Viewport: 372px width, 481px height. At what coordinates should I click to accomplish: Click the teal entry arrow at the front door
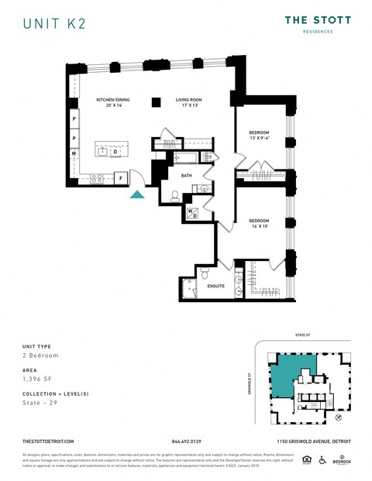click(x=137, y=194)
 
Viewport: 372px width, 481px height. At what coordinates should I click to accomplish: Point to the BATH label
click(x=186, y=176)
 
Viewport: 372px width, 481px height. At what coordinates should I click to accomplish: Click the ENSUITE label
click(x=216, y=286)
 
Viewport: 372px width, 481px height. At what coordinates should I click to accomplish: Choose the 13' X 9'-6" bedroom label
click(x=259, y=135)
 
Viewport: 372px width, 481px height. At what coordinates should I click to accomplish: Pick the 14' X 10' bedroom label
click(x=259, y=223)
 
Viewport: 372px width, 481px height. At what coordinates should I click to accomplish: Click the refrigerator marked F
click(x=121, y=178)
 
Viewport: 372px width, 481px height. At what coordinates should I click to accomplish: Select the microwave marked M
click(x=74, y=154)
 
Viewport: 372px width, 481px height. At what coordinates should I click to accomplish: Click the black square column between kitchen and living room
click(x=157, y=101)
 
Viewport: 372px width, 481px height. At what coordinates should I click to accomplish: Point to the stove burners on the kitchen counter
click(x=98, y=178)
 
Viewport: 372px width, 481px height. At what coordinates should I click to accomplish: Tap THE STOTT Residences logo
click(x=318, y=22)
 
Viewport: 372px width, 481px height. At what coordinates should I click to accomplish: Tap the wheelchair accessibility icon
click(x=322, y=459)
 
